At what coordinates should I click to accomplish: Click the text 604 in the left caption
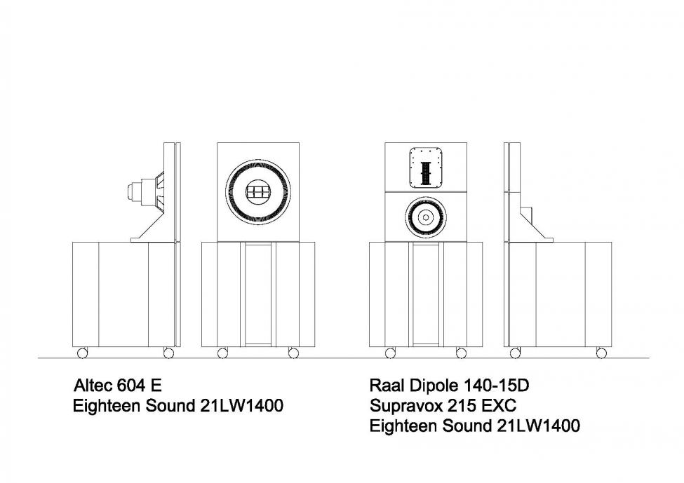pos(130,385)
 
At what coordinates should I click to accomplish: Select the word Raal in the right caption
pos(385,385)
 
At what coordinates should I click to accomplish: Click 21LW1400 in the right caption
pos(539,425)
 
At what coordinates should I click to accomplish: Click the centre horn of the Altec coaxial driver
pos(257,192)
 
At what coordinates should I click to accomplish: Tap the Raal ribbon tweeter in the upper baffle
pos(426,168)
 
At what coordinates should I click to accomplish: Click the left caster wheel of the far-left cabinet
pos(82,353)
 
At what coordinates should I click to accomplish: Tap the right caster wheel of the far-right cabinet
pos(601,353)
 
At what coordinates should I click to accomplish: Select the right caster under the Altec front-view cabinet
pos(293,353)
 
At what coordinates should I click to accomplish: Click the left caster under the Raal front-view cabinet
pos(391,353)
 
